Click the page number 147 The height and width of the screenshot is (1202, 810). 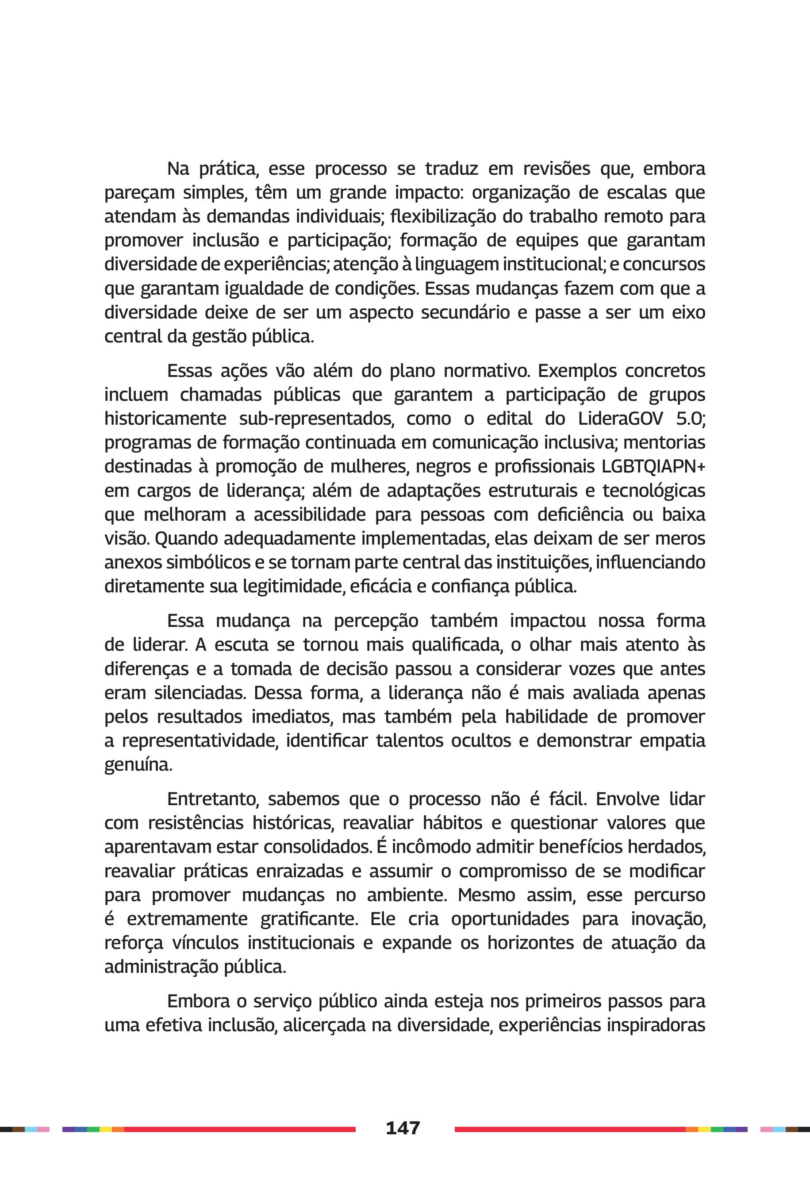coord(403,1128)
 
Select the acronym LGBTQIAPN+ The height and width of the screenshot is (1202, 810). coord(653,466)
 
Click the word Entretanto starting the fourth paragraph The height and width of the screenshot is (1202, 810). coord(212,799)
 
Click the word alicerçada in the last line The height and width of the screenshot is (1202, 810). coord(324,1025)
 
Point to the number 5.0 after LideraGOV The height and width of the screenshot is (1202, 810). coord(690,419)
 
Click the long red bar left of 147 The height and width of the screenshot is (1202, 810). coord(240,1129)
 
